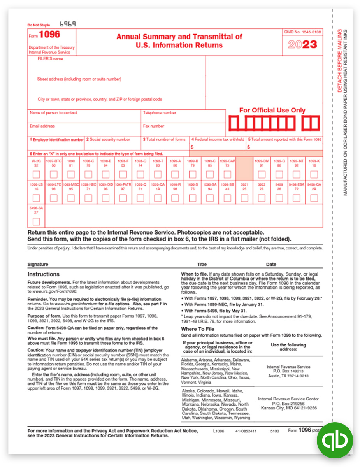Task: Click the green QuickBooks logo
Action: pyautogui.click(x=334, y=440)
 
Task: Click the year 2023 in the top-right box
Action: pyautogui.click(x=302, y=45)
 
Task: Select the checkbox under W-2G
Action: pyautogui.click(x=36, y=174)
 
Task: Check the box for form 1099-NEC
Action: pyautogui.click(x=89, y=198)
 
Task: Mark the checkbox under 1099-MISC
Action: pyautogui.click(x=71, y=198)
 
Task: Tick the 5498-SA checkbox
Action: pyautogui.click(x=36, y=221)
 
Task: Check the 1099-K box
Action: pyautogui.click(x=314, y=174)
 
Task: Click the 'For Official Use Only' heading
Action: pyautogui.click(x=272, y=110)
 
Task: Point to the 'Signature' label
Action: pyautogui.click(x=38, y=264)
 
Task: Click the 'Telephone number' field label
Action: pyautogui.click(x=160, y=113)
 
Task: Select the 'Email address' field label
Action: pyautogui.click(x=42, y=126)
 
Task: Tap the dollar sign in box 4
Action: pyautogui.click(x=192, y=147)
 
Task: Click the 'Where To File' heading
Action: pyautogui.click(x=197, y=329)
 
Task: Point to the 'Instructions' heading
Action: pyautogui.click(x=43, y=274)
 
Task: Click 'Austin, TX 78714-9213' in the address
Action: pyautogui.click(x=288, y=376)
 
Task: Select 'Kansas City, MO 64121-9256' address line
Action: pyautogui.click(x=288, y=408)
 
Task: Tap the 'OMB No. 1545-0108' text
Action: pyautogui.click(x=302, y=31)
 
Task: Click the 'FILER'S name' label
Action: pyautogui.click(x=50, y=59)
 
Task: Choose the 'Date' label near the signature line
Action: pyautogui.click(x=271, y=264)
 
